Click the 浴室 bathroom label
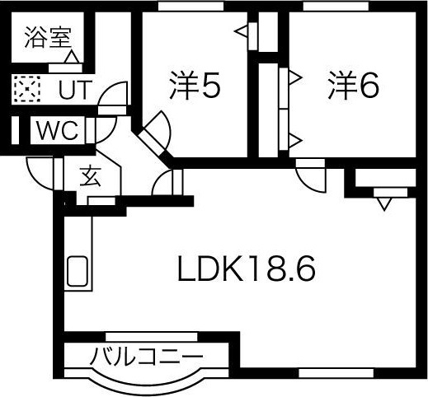(48, 38)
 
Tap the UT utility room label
(74, 90)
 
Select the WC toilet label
(58, 131)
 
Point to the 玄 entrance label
(91, 176)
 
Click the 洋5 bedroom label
(195, 85)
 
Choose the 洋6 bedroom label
(354, 85)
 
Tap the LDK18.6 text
(247, 269)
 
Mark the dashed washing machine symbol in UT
(27, 89)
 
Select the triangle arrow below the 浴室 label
(73, 57)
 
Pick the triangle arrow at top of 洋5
(242, 31)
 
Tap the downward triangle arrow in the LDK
(384, 204)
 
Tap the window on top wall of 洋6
(336, 6)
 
